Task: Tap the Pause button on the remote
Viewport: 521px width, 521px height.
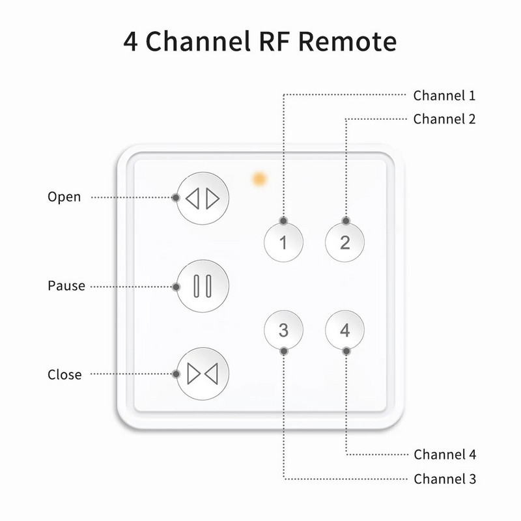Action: (203, 286)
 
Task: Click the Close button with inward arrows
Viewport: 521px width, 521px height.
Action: (203, 374)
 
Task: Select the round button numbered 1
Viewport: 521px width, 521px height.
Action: (283, 242)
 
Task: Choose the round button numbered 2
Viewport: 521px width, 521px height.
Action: (345, 242)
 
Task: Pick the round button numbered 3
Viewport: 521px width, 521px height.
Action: (283, 330)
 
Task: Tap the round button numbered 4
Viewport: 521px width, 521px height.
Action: (345, 330)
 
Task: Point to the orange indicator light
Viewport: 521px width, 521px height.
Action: (260, 178)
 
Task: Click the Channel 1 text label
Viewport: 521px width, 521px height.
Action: (444, 96)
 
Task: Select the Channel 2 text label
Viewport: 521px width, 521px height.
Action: (444, 119)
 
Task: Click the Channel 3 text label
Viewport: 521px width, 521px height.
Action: (444, 479)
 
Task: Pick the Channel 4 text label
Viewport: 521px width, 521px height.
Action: (444, 455)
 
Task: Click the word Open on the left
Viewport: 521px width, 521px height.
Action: (64, 197)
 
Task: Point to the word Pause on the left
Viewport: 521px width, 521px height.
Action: (66, 286)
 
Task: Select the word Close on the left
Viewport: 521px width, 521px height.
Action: (65, 374)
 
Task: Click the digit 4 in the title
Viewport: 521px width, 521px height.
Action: (131, 42)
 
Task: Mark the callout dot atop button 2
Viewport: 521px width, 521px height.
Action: (345, 221)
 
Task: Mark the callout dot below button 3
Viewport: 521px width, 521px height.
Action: (283, 351)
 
